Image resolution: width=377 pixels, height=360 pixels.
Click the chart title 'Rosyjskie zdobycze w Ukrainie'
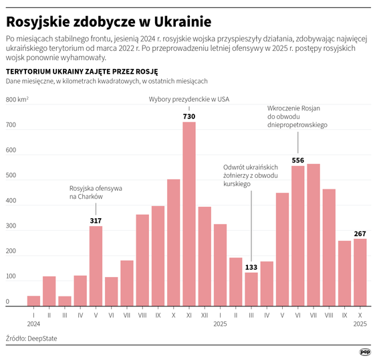[108, 22]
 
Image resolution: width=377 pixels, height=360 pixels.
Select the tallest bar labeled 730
[189, 214]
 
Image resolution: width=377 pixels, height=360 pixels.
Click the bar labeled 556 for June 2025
[298, 236]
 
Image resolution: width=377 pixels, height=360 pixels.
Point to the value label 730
[189, 116]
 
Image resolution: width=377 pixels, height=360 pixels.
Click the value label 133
[251, 266]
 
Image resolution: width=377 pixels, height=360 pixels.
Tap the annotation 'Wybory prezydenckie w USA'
[188, 100]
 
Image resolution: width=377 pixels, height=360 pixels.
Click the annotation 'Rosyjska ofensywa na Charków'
[96, 193]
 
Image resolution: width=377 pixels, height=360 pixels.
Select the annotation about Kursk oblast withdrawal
[251, 175]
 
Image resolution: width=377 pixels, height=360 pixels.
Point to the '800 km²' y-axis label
[17, 100]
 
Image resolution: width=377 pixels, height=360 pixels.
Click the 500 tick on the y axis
[11, 176]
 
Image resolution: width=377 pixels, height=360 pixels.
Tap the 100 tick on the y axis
[11, 276]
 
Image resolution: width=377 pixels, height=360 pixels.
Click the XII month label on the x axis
[205, 314]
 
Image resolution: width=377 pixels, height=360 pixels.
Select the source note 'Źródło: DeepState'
[31, 339]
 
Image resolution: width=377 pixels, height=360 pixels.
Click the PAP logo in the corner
[365, 351]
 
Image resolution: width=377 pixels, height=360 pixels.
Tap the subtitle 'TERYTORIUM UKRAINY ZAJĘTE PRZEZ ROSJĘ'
[82, 71]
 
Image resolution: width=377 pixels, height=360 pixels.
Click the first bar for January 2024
[33, 300]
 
